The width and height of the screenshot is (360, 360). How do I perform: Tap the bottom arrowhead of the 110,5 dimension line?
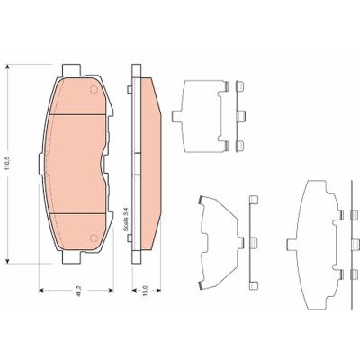coord(9,262)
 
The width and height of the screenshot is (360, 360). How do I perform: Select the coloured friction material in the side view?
coord(150,162)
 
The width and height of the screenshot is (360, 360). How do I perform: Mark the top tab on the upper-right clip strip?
coord(240,87)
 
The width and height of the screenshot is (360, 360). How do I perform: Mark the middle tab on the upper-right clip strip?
coord(240,114)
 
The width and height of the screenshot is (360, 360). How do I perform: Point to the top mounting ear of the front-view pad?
coord(76,68)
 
